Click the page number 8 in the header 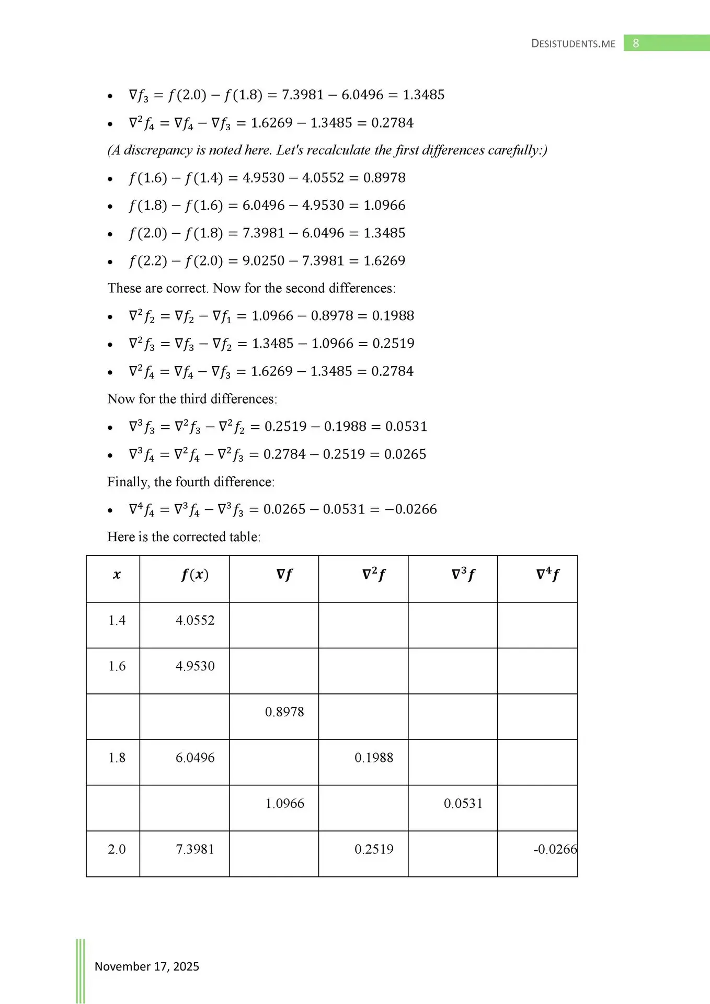click(x=636, y=43)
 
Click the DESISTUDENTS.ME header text click(x=573, y=44)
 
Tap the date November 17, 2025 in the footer click(x=146, y=966)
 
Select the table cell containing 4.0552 click(x=195, y=620)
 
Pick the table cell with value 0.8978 click(x=284, y=712)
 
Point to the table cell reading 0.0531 click(x=463, y=803)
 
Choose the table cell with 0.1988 click(x=374, y=758)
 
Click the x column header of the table click(x=117, y=575)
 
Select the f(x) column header click(x=195, y=575)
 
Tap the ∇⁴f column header click(x=547, y=575)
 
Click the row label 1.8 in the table click(x=117, y=758)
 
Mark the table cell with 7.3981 click(x=195, y=849)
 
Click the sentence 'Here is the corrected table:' click(x=184, y=537)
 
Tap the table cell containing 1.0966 click(x=284, y=803)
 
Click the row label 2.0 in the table click(x=117, y=849)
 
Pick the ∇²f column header click(x=374, y=575)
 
